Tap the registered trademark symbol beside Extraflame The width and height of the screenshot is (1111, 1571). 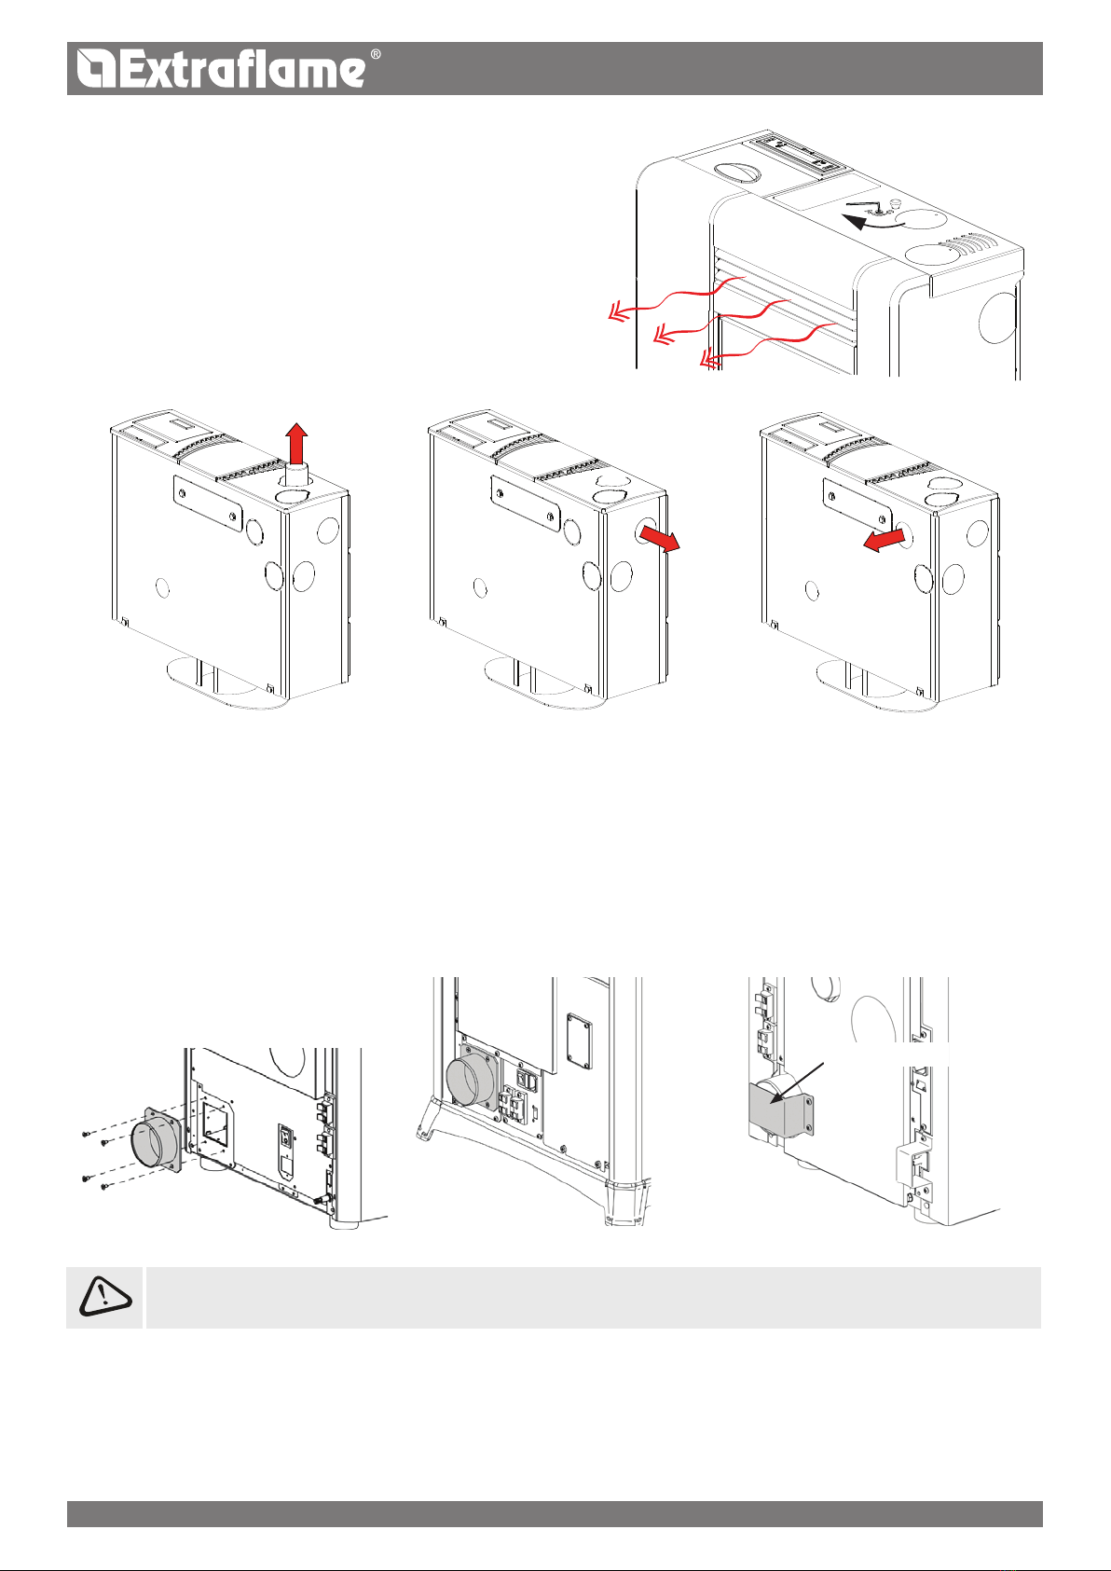pos(376,55)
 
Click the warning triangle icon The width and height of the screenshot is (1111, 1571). pos(104,1297)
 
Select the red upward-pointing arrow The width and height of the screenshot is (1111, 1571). pos(295,442)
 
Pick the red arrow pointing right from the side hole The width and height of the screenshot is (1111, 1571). pos(663,539)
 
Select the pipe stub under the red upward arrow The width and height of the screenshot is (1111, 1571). pos(295,475)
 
